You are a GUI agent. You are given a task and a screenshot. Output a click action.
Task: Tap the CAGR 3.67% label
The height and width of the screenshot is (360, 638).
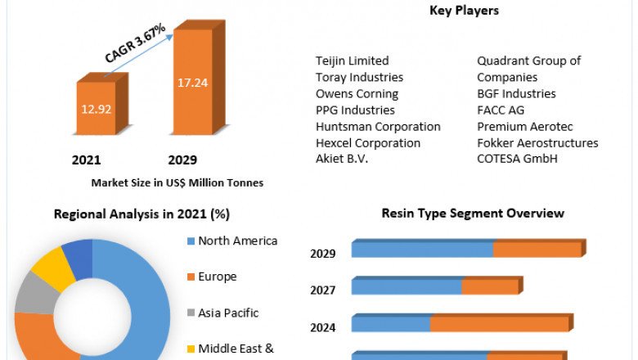tap(135, 43)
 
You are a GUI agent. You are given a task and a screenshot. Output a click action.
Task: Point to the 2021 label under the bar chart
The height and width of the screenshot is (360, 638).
tap(86, 160)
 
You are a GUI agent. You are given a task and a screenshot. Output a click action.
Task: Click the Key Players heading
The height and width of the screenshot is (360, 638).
tap(464, 11)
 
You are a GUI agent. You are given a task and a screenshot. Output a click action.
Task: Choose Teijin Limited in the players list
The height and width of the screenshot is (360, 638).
tap(352, 61)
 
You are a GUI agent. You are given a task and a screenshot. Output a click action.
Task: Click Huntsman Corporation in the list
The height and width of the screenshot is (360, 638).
tap(378, 126)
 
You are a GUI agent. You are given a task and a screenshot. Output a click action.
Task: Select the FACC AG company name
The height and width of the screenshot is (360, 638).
tap(501, 110)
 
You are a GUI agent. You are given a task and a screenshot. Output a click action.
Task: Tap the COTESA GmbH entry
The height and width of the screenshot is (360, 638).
tap(517, 159)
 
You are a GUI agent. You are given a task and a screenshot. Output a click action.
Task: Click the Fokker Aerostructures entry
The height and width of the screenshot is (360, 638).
tap(537, 142)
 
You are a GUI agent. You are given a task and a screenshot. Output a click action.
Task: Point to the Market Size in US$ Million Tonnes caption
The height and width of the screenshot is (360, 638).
tap(177, 182)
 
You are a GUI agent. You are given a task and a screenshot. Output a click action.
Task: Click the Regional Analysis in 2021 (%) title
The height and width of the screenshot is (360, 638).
tap(142, 214)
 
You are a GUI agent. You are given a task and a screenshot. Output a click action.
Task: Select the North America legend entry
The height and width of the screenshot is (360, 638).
tap(237, 241)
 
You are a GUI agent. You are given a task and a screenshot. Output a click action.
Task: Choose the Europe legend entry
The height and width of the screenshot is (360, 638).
tap(217, 277)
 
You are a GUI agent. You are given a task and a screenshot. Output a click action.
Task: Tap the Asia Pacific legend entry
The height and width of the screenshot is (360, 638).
tap(227, 313)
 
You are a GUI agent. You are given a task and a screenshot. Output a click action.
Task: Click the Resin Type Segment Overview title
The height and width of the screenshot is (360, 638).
tap(473, 214)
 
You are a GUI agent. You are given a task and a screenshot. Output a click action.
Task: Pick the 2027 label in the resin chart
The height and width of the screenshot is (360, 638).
tap(322, 290)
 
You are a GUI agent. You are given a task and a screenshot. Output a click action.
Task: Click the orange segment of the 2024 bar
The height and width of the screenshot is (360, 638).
tap(499, 324)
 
